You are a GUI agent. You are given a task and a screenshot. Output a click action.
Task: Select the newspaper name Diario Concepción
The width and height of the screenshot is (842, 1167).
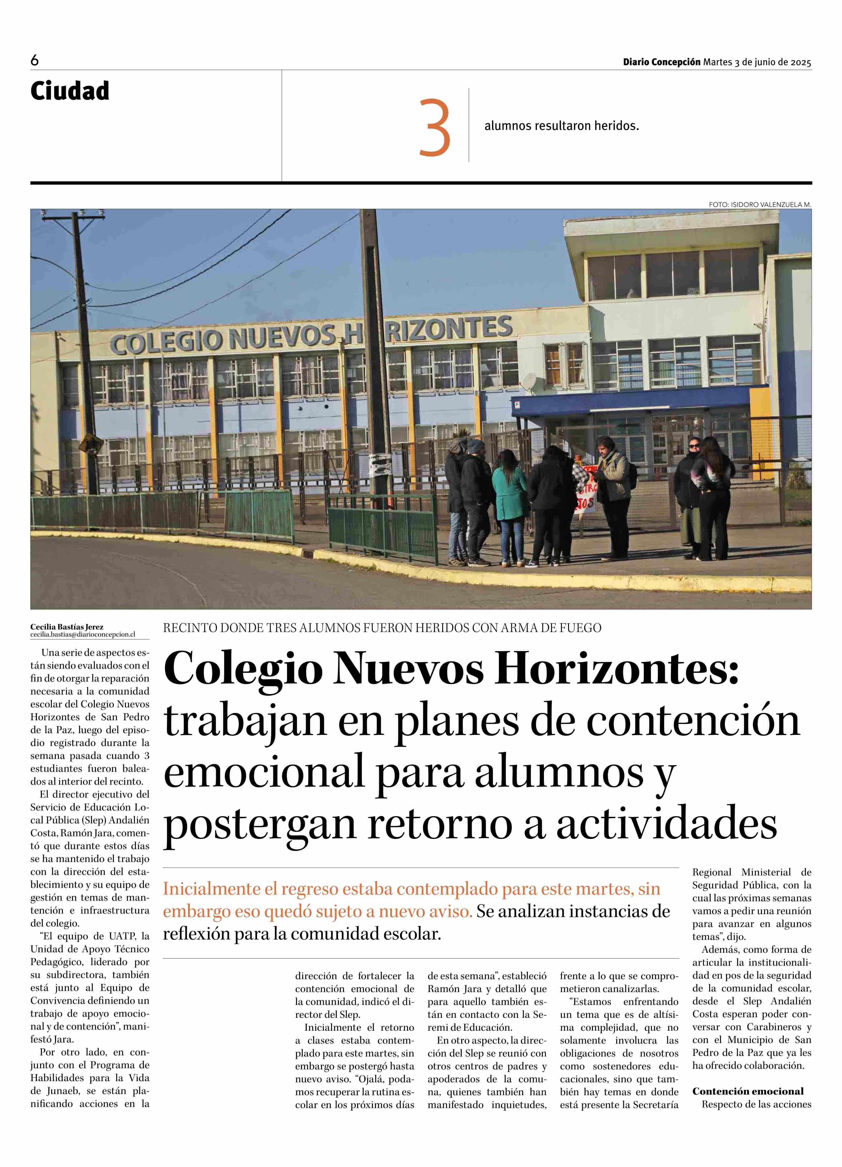pos(661,62)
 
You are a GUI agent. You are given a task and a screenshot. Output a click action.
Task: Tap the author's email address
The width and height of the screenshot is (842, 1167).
pos(82,635)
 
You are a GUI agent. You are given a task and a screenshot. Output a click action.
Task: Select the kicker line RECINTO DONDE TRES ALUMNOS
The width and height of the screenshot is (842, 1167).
pos(382,628)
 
